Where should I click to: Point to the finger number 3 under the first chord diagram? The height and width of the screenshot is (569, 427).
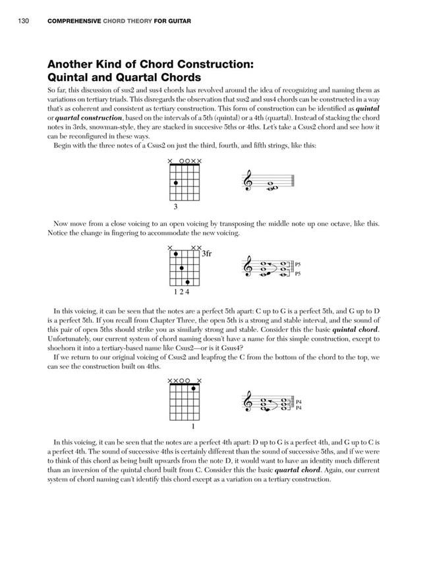[x=175, y=207]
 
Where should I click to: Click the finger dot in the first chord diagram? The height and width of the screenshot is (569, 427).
[x=175, y=182]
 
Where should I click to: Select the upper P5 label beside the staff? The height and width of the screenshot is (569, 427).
[x=298, y=265]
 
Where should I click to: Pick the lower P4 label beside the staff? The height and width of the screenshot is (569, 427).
[x=298, y=408]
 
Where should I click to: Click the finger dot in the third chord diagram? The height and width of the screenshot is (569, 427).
[x=193, y=388]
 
